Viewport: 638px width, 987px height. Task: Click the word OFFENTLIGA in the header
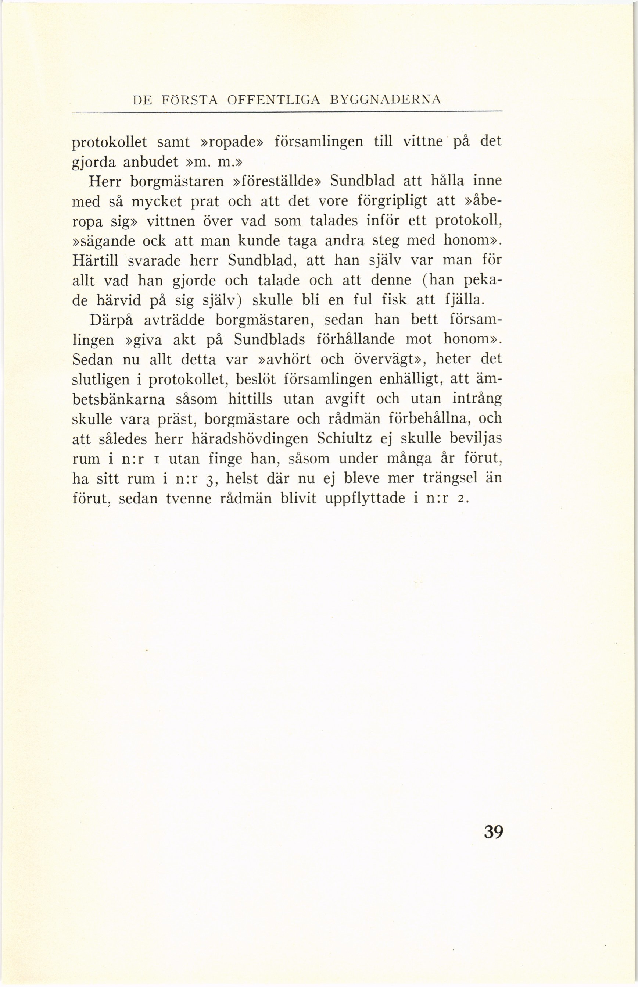[x=274, y=100]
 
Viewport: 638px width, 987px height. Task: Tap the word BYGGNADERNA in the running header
[x=386, y=100]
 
